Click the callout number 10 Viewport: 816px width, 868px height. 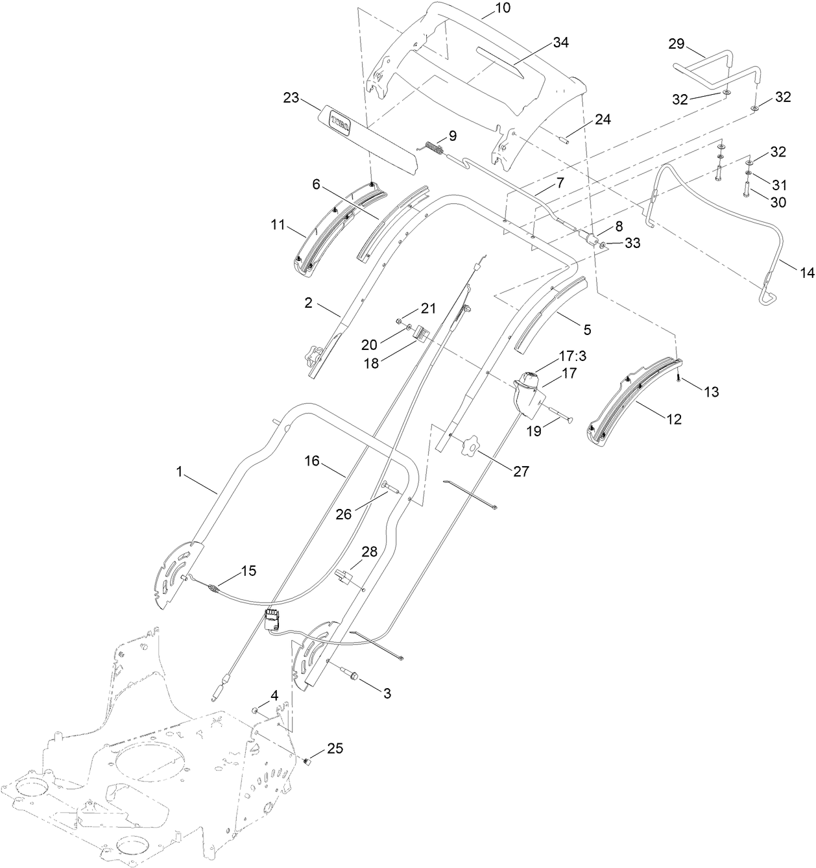502,8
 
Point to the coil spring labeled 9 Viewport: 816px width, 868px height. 434,149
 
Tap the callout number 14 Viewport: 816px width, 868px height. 806,273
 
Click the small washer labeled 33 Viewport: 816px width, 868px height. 603,245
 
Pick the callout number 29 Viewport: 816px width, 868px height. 677,43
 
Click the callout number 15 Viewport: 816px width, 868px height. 248,571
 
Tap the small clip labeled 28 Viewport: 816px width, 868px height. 342,575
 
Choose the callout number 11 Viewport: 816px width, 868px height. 277,226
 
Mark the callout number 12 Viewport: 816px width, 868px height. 674,419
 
